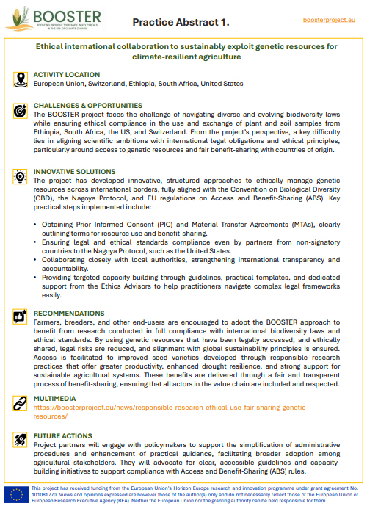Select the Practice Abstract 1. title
[x=181, y=23]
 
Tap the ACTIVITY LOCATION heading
[x=67, y=75]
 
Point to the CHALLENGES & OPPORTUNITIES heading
[x=88, y=106]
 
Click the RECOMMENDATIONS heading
[x=69, y=314]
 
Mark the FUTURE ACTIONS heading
[x=64, y=436]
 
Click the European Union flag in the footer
[x=15, y=494]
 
